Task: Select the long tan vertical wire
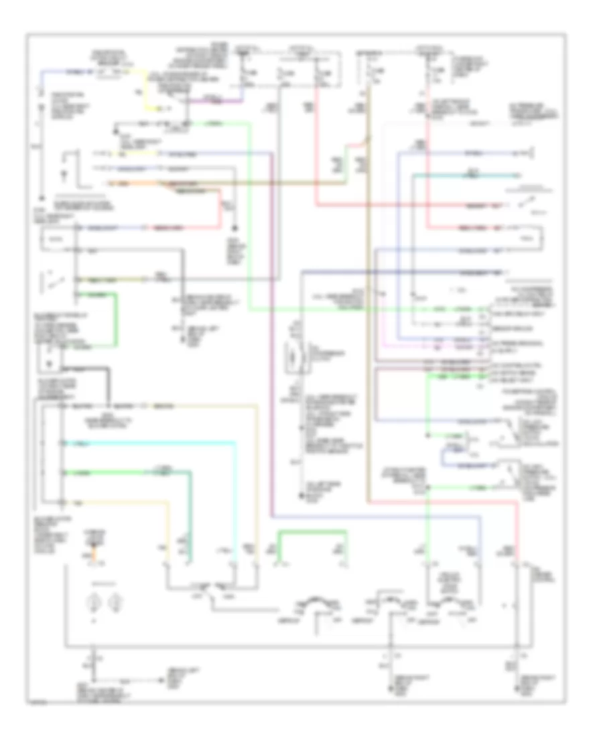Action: (367, 335)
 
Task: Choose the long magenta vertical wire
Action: (273, 335)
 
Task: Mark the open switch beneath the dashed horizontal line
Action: (519, 202)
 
